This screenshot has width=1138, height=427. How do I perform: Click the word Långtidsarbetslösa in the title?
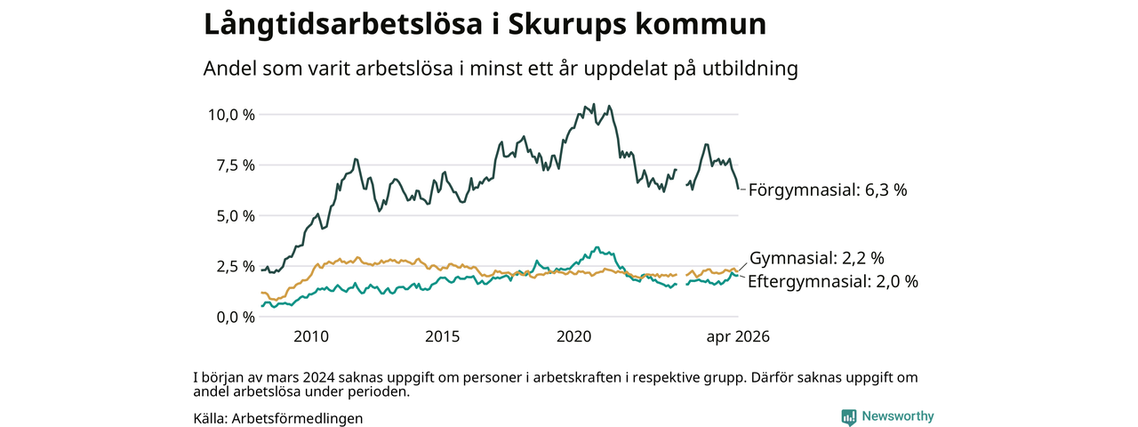(343, 25)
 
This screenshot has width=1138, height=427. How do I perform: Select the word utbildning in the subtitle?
(749, 68)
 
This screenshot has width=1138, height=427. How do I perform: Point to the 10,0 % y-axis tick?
(231, 115)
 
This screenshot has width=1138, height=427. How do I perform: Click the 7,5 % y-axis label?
(236, 165)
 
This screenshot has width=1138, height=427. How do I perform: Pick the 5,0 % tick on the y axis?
(236, 216)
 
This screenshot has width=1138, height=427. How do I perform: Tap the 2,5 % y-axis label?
(236, 266)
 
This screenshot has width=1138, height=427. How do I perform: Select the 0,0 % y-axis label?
(236, 318)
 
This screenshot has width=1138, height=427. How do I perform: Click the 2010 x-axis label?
(311, 336)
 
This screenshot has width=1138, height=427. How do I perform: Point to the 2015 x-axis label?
(442, 336)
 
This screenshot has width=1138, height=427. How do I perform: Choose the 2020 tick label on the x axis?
(573, 336)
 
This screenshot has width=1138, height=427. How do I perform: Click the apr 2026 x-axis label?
(738, 336)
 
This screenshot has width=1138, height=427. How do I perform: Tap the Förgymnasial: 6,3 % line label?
(828, 190)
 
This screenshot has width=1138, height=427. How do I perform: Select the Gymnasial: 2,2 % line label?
(817, 258)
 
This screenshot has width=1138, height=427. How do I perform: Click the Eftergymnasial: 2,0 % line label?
(833, 281)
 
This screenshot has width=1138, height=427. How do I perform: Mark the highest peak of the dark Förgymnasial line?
(595, 104)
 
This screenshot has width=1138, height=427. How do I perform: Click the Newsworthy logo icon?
(848, 417)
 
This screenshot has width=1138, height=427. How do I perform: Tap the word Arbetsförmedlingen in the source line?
(297, 418)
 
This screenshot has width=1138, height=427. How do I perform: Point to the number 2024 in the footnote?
(318, 378)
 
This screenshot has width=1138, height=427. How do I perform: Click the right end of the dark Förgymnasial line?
(738, 189)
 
